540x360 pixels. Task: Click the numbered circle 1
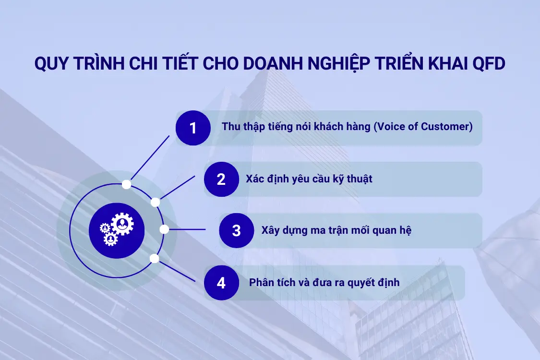tap(193, 128)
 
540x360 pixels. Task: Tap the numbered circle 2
tap(221, 179)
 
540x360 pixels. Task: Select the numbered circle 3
tap(236, 230)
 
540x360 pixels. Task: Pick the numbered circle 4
tap(221, 283)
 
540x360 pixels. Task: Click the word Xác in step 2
tap(255, 179)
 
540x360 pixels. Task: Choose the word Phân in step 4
tap(261, 282)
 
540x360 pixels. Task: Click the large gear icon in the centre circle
tap(122, 224)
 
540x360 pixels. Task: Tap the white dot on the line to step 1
tap(126, 184)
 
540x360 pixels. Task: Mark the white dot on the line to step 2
tap(155, 202)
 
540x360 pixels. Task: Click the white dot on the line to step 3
tap(164, 229)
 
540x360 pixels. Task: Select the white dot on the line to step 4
tap(154, 259)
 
